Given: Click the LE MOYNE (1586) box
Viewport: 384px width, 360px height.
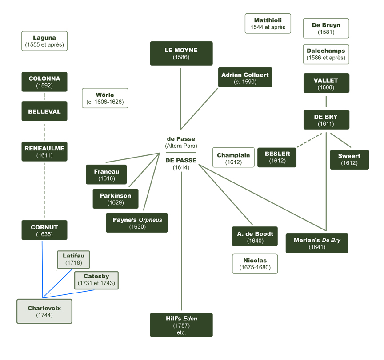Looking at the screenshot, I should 181,54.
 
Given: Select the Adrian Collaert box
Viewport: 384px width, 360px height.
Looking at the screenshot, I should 245,78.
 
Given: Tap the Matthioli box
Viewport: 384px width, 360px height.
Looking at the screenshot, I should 268,24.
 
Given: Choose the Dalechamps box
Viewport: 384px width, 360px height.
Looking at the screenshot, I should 326,55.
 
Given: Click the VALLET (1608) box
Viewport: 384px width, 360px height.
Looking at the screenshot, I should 326,83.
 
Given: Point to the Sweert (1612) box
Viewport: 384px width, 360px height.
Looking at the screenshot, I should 349,159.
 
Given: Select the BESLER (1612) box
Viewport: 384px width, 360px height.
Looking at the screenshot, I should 277,157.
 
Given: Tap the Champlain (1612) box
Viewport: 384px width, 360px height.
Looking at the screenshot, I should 233,158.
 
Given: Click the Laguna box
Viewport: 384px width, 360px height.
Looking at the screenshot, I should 44,41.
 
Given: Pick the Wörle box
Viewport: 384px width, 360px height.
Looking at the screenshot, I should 105,98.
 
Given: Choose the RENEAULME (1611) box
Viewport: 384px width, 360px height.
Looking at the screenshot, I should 44,152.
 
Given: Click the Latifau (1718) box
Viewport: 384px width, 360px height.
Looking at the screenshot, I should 73,259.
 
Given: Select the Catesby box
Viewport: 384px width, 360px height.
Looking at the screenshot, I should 96,280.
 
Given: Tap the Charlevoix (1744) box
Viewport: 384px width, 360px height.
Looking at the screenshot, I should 44,311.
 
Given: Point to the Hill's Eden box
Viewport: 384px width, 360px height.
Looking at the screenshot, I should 181,325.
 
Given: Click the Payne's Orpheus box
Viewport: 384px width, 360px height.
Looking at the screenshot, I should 137,223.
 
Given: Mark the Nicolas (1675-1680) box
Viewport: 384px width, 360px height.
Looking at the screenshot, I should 255,264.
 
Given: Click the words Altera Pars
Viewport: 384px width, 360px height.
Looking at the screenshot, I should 181,146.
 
